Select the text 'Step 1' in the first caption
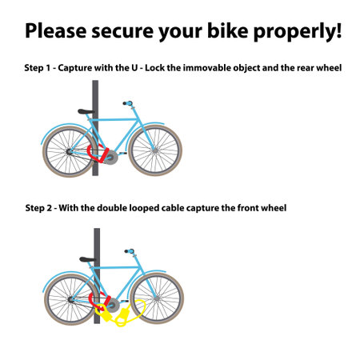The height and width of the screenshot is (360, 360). pyautogui.click(x=41, y=69)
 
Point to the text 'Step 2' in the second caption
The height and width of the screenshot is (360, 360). pyautogui.click(x=41, y=208)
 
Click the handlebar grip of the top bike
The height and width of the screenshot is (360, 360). pyautogui.click(x=127, y=103)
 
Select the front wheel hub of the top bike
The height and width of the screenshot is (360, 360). pyautogui.click(x=155, y=150)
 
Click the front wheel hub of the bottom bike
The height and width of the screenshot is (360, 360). pyautogui.click(x=155, y=298)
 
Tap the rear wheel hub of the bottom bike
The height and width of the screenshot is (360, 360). pyautogui.click(x=70, y=298)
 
